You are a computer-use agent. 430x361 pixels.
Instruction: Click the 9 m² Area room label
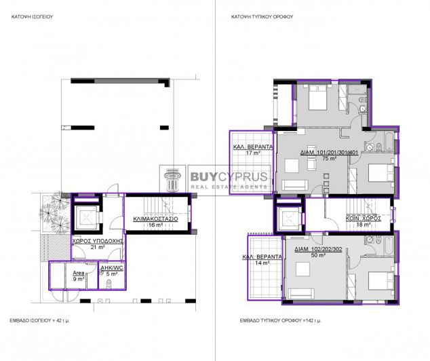tap(79, 274)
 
